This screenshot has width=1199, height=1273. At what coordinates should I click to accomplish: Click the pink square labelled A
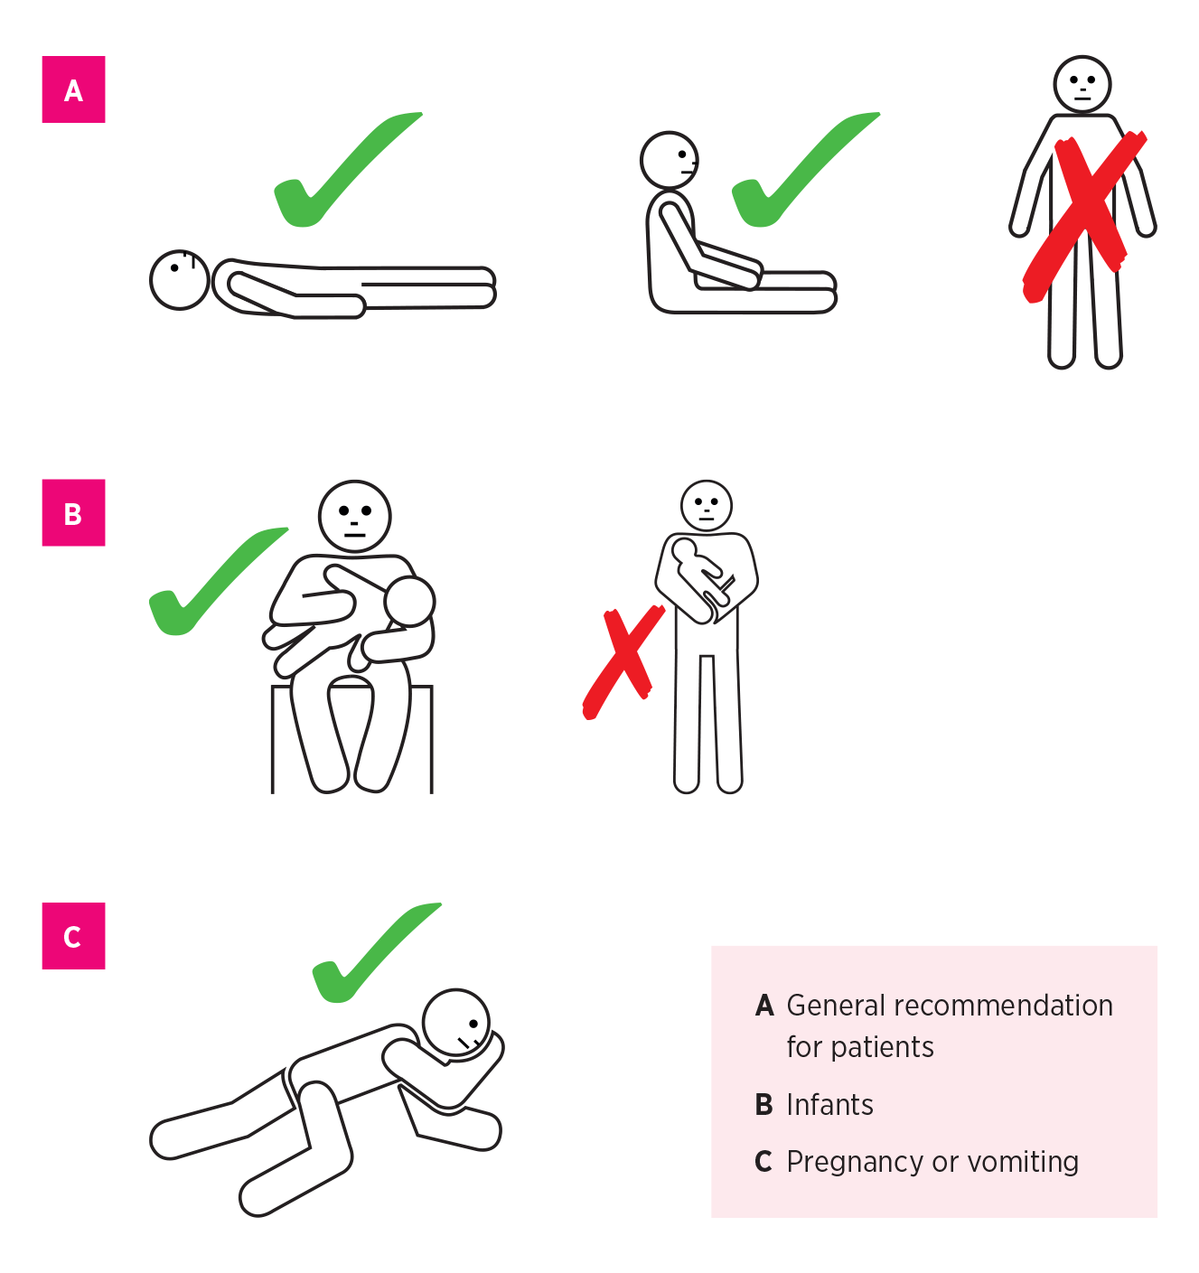click(x=73, y=89)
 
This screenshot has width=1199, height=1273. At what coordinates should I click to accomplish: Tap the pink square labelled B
click(x=73, y=512)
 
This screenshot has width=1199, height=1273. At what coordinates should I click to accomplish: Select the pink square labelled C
click(x=73, y=936)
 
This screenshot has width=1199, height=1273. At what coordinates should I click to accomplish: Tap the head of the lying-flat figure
click(x=180, y=280)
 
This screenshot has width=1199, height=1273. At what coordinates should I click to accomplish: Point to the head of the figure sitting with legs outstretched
click(x=670, y=160)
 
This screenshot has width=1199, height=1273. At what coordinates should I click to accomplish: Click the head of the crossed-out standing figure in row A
click(x=1082, y=84)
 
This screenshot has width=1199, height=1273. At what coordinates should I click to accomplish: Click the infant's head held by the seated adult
click(x=409, y=601)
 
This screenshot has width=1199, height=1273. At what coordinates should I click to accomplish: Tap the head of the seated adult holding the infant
click(x=355, y=516)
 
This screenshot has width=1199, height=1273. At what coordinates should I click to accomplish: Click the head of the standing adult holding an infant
click(x=707, y=505)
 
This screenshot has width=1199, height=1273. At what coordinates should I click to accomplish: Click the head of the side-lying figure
click(x=456, y=1023)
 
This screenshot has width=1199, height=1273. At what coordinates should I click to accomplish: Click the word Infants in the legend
click(x=829, y=1105)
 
